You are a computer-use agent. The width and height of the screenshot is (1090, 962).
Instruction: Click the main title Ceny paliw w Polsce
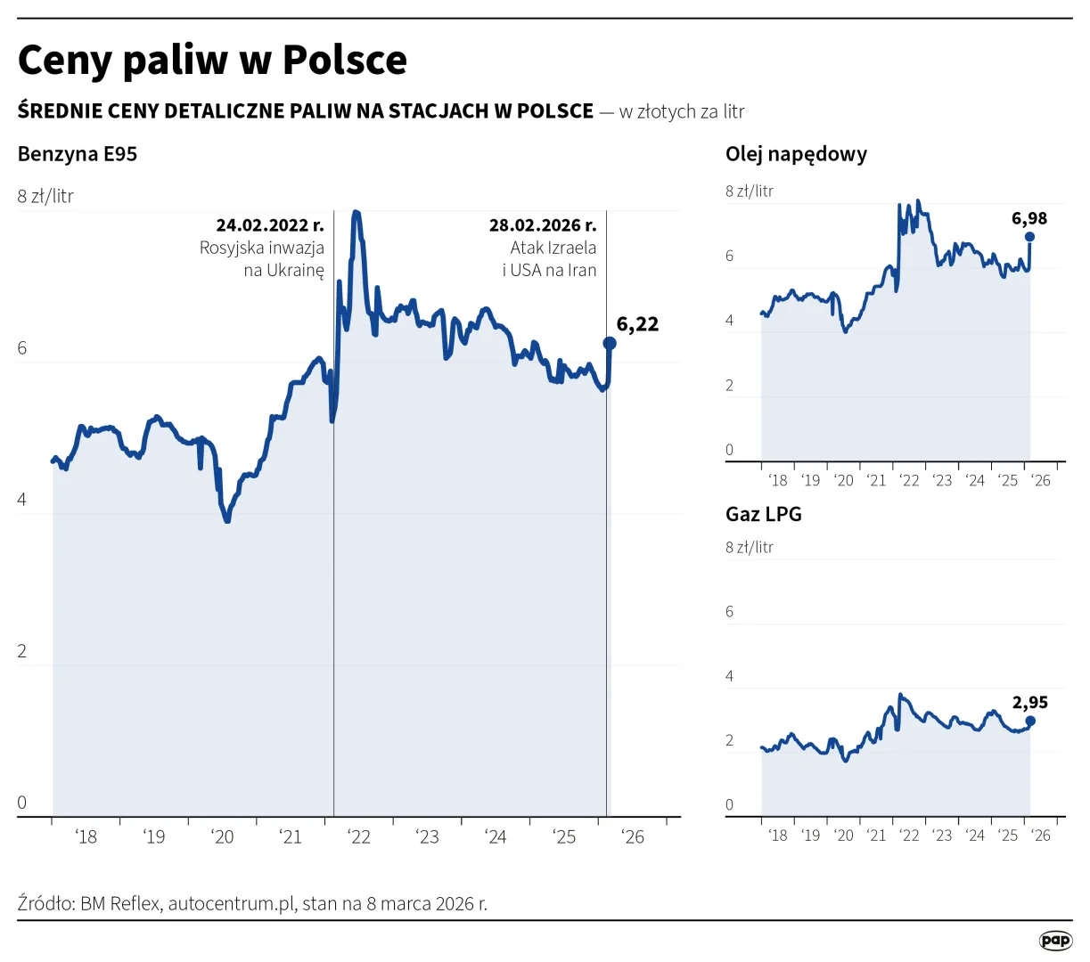(x=212, y=61)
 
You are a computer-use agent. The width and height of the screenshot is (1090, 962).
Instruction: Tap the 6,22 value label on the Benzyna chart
(x=637, y=324)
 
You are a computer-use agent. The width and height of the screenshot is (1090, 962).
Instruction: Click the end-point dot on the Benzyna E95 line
(x=610, y=343)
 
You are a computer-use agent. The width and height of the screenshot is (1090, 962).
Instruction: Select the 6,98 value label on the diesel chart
(x=1029, y=218)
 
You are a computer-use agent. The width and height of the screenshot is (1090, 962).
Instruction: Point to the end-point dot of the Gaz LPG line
(x=1030, y=721)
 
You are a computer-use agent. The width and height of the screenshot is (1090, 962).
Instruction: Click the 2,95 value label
(x=1029, y=703)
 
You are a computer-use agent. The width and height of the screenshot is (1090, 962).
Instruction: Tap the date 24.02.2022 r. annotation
(x=270, y=225)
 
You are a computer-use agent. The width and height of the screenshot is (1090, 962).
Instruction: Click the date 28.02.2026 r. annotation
(x=543, y=225)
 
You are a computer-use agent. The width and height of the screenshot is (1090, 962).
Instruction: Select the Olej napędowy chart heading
(x=796, y=154)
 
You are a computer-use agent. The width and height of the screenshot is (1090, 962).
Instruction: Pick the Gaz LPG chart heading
(x=764, y=514)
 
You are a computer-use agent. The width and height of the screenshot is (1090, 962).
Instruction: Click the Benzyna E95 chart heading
(x=78, y=154)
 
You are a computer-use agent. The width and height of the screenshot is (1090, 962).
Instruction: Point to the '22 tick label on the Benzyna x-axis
(x=359, y=836)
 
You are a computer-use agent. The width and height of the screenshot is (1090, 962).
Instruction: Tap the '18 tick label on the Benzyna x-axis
(x=86, y=836)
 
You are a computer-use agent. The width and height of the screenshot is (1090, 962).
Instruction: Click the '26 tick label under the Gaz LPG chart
(x=1041, y=836)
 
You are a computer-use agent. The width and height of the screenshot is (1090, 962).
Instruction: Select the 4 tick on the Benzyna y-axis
(x=22, y=500)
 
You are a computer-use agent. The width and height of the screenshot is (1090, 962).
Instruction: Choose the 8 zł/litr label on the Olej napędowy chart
(x=750, y=191)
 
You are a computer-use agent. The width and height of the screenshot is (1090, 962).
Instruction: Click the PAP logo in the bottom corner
(x=1055, y=940)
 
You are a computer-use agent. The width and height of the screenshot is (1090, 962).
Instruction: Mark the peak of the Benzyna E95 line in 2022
(x=357, y=212)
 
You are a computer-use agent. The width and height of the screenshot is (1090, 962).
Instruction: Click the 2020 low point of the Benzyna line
(x=227, y=520)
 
